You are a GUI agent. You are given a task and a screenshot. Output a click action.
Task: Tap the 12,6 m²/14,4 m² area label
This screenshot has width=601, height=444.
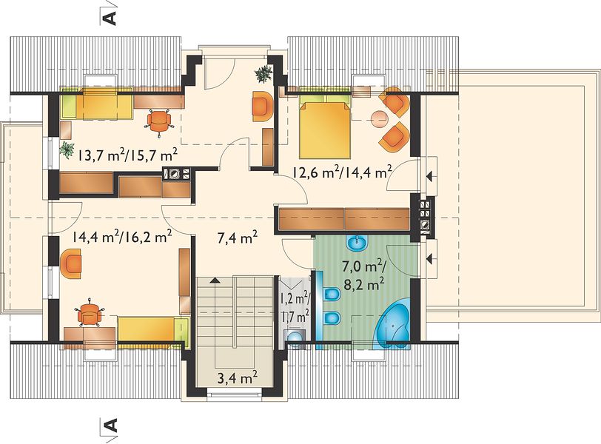click(342, 172)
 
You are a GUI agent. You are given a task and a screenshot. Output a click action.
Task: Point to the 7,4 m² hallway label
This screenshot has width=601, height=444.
click(238, 238)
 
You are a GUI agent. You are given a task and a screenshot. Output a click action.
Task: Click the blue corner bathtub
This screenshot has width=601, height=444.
click(392, 326)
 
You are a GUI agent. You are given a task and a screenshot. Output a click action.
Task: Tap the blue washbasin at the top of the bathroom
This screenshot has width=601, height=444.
click(357, 242)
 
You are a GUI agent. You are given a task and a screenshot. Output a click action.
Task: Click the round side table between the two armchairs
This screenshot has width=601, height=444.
click(380, 118)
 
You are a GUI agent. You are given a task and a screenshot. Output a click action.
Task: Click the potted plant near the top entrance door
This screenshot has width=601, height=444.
click(263, 73)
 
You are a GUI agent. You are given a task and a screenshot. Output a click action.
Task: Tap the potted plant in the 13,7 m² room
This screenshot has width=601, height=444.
click(67, 149)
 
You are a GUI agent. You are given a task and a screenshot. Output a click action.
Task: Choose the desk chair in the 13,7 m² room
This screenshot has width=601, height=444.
click(158, 121)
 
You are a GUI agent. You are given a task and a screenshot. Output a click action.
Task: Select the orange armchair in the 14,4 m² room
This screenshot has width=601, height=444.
click(71, 263)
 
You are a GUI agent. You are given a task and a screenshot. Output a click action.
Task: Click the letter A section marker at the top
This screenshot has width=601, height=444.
click(110, 18)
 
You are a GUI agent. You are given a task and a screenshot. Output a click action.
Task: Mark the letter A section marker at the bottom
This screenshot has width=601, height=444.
click(110, 425)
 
